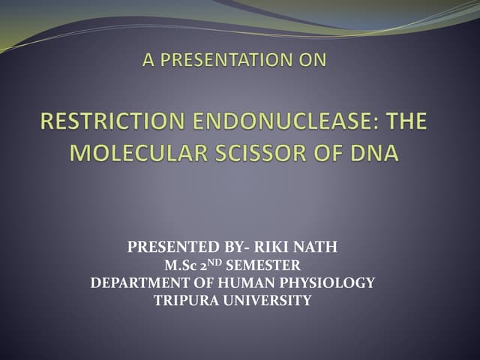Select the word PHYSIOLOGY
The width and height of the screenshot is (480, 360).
pyautogui.click(x=331, y=283)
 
